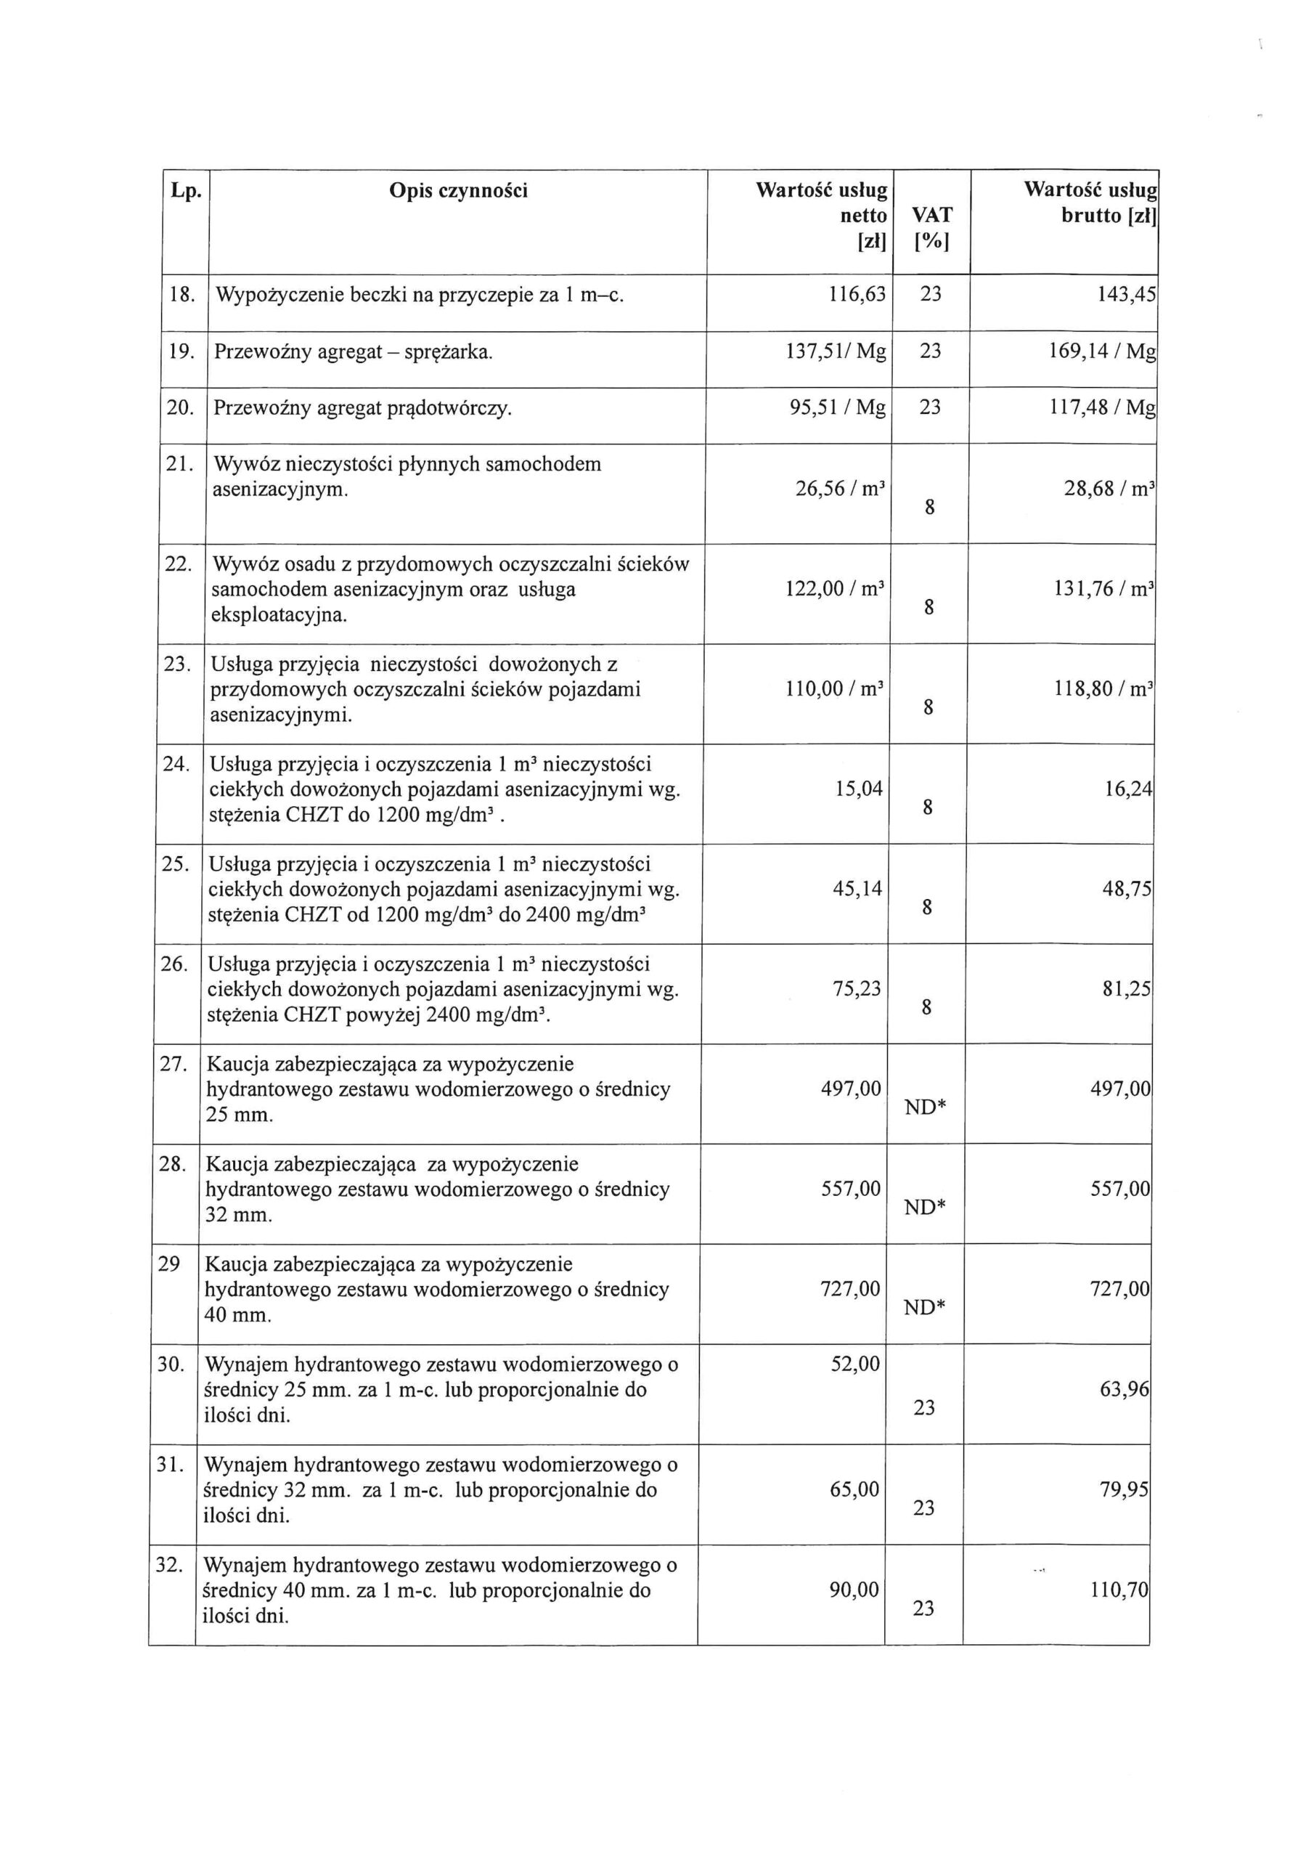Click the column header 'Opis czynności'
coord(458,191)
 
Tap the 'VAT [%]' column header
coord(932,227)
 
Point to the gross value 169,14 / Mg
coord(1102,351)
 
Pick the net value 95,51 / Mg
coord(837,407)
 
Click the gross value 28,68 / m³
coord(1109,489)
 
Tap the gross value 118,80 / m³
coord(1103,689)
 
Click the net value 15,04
coord(859,789)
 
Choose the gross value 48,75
coord(1126,889)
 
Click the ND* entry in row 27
coord(926,1107)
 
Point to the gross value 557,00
coord(1119,1189)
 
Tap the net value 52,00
coord(855,1364)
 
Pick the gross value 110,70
coord(1119,1590)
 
